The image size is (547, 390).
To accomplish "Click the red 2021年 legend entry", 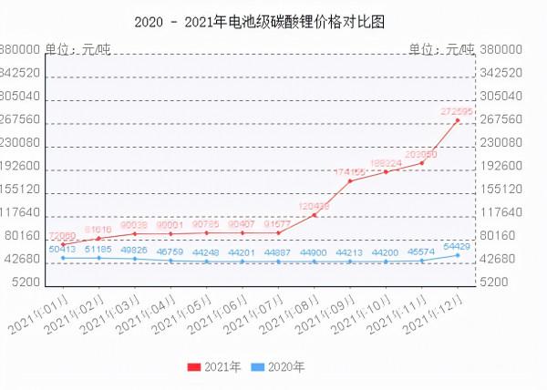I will pyautogui.click(x=214, y=367).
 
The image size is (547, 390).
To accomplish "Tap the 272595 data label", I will pyautogui.click(x=457, y=111).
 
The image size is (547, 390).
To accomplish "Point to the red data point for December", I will pyautogui.click(x=458, y=120).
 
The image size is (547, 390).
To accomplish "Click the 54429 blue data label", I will pyautogui.click(x=457, y=246).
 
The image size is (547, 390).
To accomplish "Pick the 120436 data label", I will pyautogui.click(x=314, y=205).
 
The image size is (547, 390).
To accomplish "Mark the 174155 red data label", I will pyautogui.click(x=350, y=171).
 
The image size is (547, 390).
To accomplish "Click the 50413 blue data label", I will pyautogui.click(x=63, y=248).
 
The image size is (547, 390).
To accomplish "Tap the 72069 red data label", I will pyautogui.click(x=63, y=235).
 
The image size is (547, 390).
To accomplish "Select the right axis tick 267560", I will pyautogui.click(x=501, y=119).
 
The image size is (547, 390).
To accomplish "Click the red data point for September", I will pyautogui.click(x=350, y=180).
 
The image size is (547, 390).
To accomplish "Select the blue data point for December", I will pyautogui.click(x=458, y=255).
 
